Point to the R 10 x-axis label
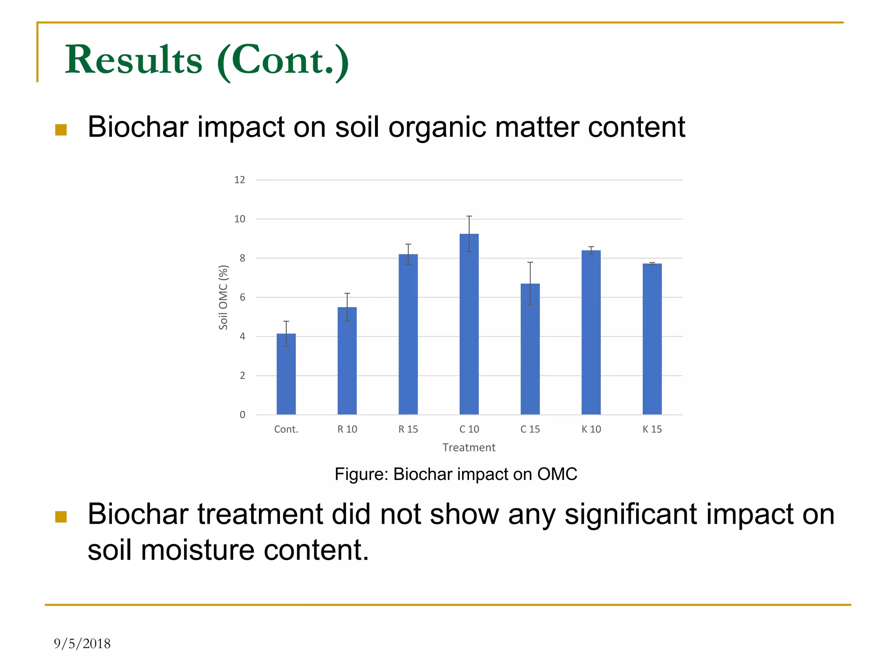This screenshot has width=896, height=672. [347, 429]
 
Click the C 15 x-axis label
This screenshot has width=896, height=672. [530, 429]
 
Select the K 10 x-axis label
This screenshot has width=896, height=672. [591, 429]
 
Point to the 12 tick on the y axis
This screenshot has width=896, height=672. [240, 180]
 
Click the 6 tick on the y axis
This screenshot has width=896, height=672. [242, 297]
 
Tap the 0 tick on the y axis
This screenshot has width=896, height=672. [242, 415]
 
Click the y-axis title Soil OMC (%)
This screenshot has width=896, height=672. [223, 297]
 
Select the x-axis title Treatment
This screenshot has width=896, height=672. [469, 448]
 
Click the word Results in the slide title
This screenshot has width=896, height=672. [134, 59]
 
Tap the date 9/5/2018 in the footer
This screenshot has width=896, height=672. [82, 644]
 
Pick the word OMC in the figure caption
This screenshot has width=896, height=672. [557, 474]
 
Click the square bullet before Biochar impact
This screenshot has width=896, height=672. [61, 129]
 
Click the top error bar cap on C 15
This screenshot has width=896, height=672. [530, 262]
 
